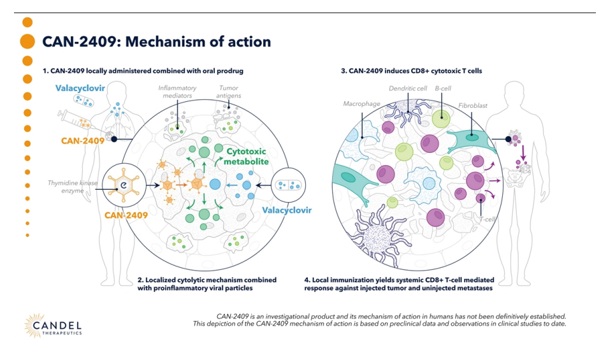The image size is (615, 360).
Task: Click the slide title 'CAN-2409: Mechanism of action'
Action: [x=156, y=42]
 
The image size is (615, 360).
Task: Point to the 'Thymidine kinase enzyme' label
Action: [x=72, y=187]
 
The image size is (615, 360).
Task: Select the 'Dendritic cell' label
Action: [x=408, y=89]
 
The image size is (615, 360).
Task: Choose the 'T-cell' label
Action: [x=488, y=219]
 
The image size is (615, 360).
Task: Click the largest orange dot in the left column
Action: [x=27, y=42]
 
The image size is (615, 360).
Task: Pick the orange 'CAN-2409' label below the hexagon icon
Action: [x=126, y=215]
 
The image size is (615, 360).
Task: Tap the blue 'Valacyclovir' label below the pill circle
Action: [x=285, y=210]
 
